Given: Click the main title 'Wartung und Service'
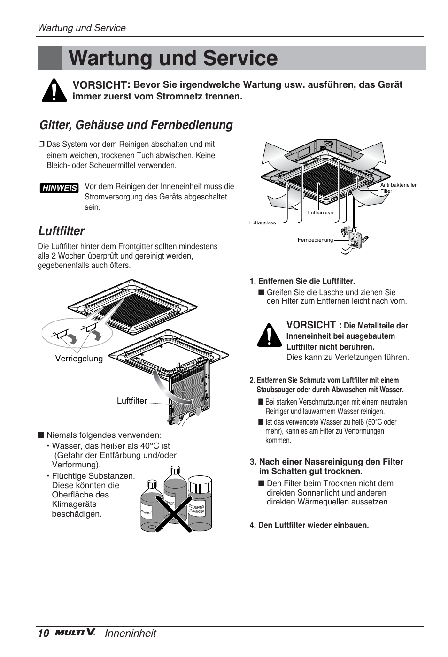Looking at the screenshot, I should (173, 59).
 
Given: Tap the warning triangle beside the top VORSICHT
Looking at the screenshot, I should (54, 91).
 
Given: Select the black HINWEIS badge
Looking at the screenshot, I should (59, 188).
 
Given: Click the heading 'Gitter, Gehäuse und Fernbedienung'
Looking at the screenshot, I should (136, 125).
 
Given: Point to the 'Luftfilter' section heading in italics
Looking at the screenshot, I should (61, 231).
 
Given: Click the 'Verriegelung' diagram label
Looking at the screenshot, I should (79, 359).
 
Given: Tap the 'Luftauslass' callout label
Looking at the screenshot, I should (263, 222).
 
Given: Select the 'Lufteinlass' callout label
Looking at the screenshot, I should (320, 213).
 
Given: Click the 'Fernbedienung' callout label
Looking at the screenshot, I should (315, 240).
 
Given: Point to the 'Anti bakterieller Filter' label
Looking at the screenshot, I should (398, 188).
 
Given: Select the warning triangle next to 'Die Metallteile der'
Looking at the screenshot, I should (269, 335).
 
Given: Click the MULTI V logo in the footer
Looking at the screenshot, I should (75, 633).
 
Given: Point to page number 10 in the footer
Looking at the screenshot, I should (43, 633).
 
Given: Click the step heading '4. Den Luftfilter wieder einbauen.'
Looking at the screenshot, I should (309, 525).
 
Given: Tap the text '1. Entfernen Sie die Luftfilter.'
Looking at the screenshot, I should (302, 281).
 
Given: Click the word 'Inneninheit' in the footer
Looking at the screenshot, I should (130, 633).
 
